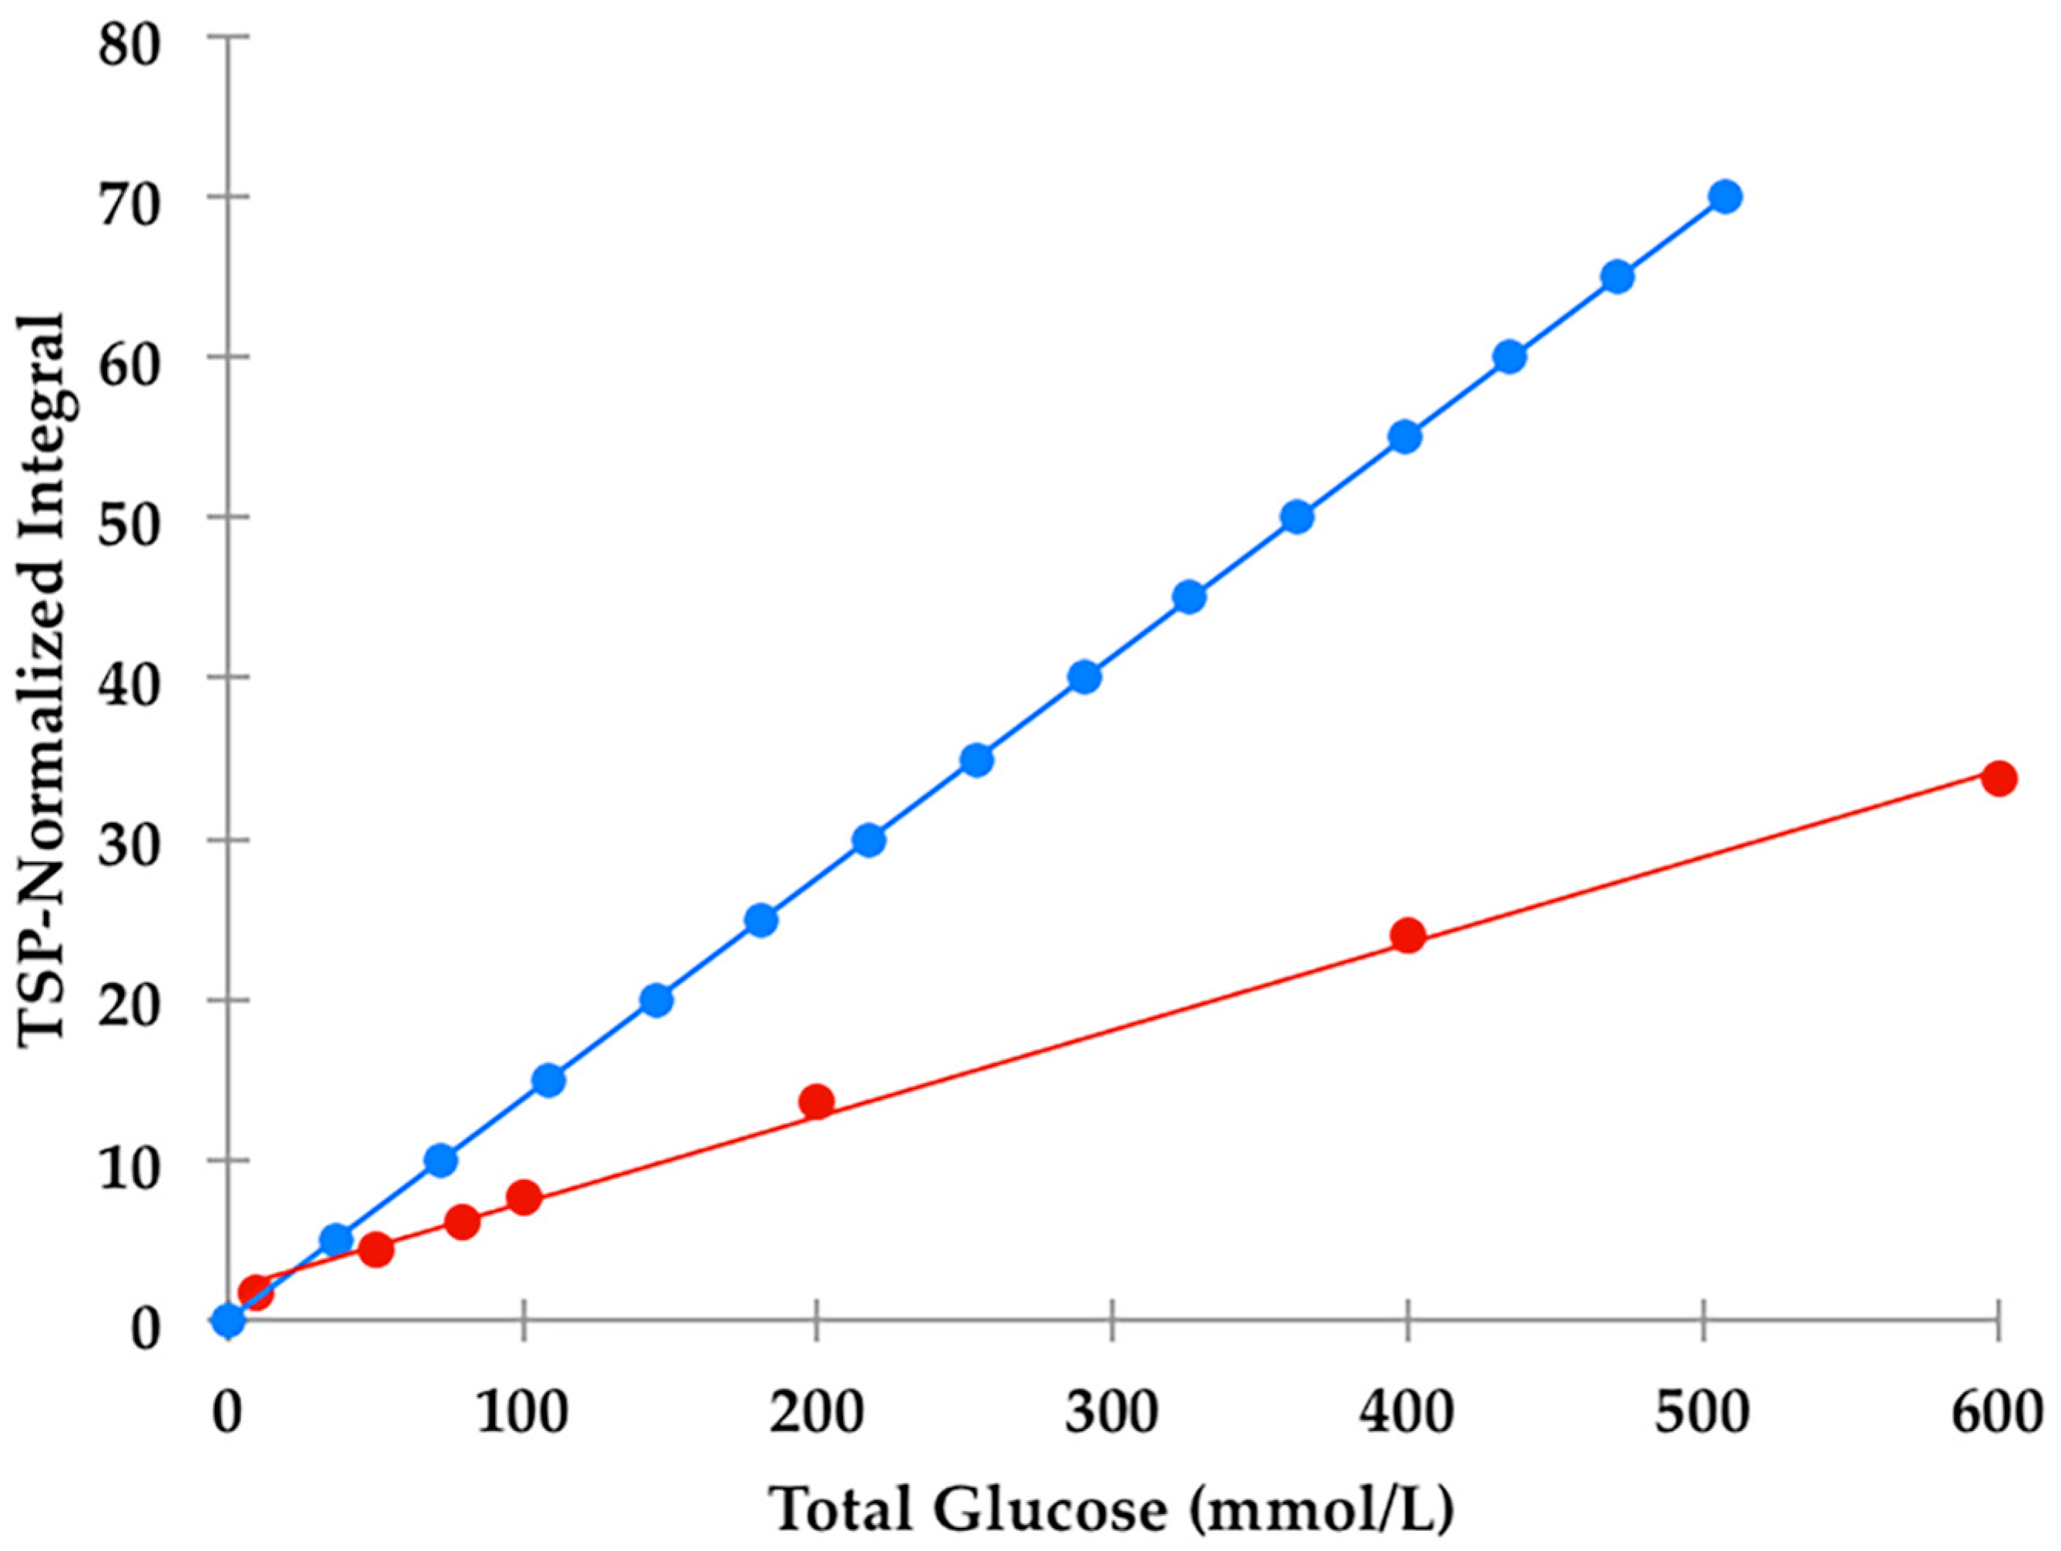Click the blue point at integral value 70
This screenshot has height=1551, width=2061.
[x=1725, y=196]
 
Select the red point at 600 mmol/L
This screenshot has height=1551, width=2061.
[x=1999, y=779]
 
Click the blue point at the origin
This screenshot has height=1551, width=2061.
[x=229, y=1320]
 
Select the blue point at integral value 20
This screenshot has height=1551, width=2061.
[x=656, y=1001]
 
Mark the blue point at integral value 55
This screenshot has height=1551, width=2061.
[x=1405, y=437]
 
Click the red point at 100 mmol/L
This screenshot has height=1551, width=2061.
[x=524, y=1198]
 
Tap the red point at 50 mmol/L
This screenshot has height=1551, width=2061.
[x=376, y=1250]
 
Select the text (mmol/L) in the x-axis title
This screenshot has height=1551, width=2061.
[x=1321, y=1510]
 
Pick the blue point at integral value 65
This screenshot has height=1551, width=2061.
[x=1618, y=276]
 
